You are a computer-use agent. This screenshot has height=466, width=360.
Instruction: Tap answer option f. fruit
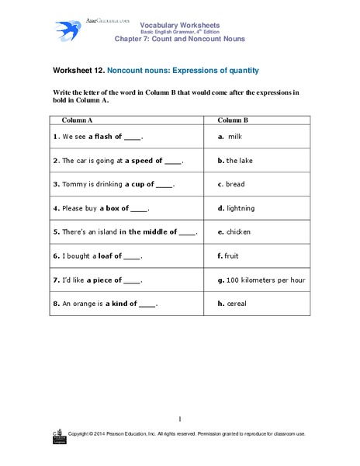tap(234, 256)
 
